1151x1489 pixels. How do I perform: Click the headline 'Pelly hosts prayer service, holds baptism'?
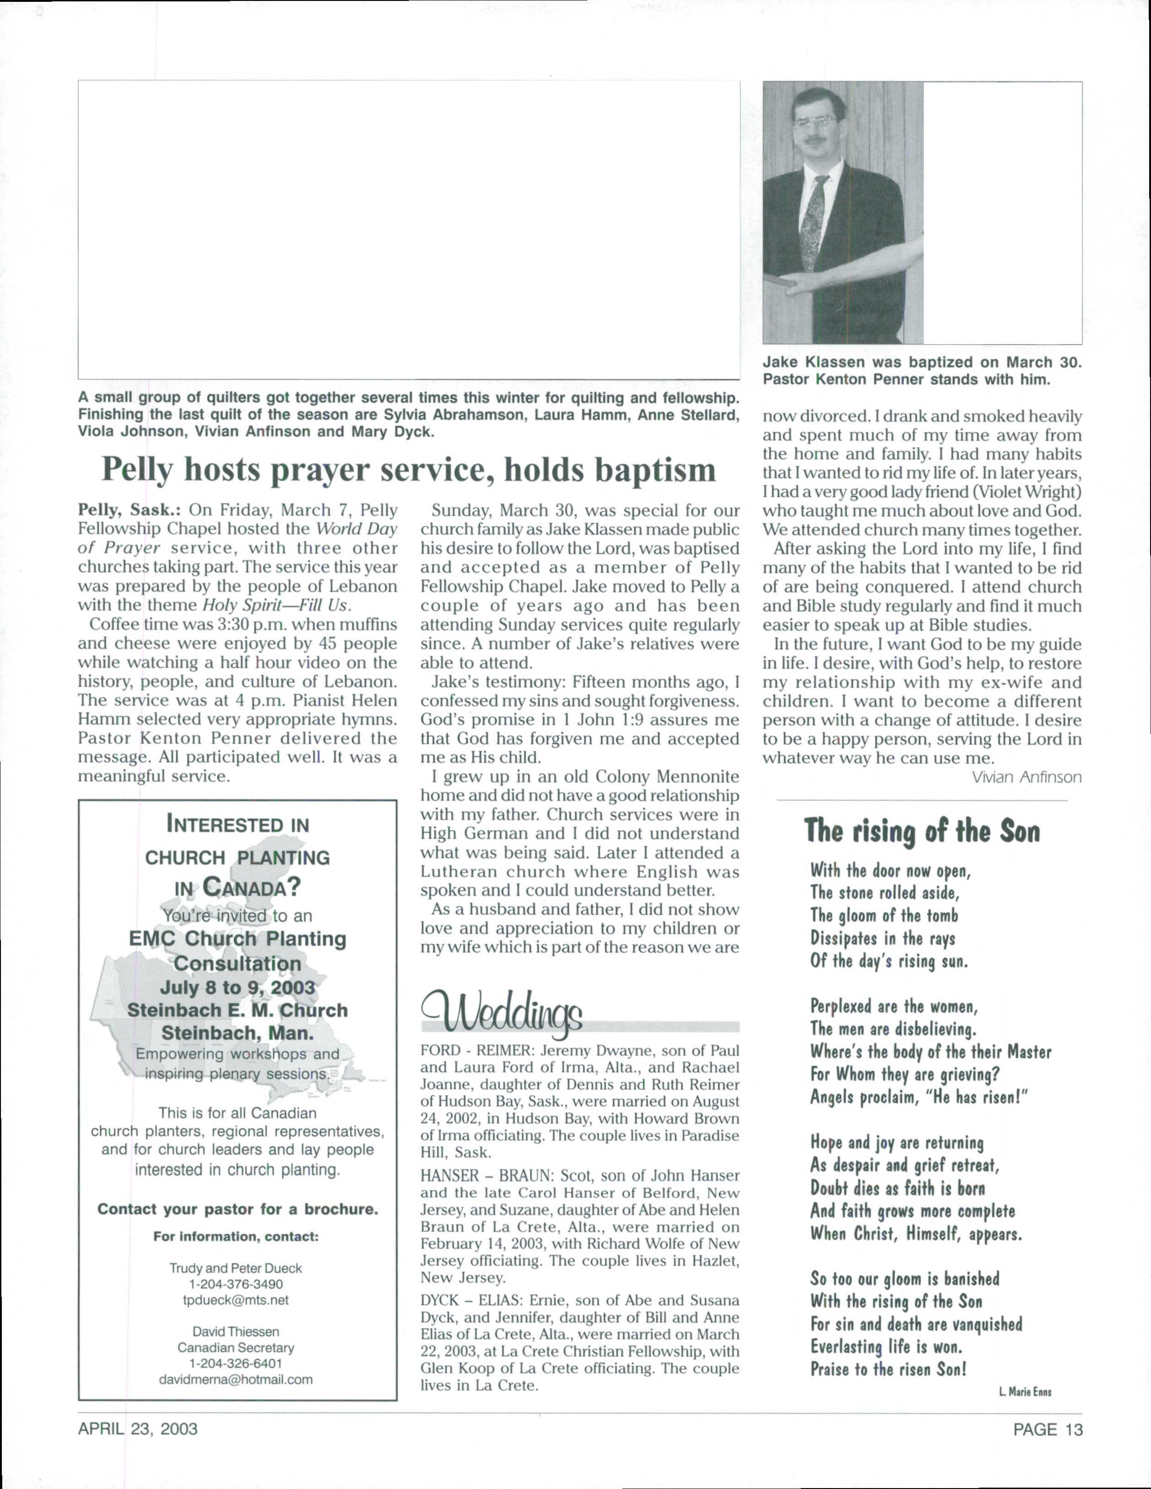(408, 470)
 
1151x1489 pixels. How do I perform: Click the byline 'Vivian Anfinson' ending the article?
(1026, 777)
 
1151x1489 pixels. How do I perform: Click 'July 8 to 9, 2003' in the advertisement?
(237, 988)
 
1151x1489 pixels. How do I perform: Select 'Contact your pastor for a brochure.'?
(237, 1209)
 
